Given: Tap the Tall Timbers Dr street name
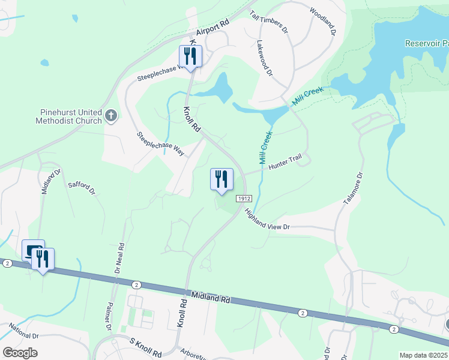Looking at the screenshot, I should coord(269,22).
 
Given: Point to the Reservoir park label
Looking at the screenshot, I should coord(427,43).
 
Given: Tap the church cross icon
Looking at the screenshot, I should coord(110,115).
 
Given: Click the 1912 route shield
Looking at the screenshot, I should coord(243,199).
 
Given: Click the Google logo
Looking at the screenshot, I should coord(19,353).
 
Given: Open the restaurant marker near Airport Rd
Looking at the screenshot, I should coord(191,56).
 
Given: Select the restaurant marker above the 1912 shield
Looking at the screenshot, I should coord(221,179).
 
